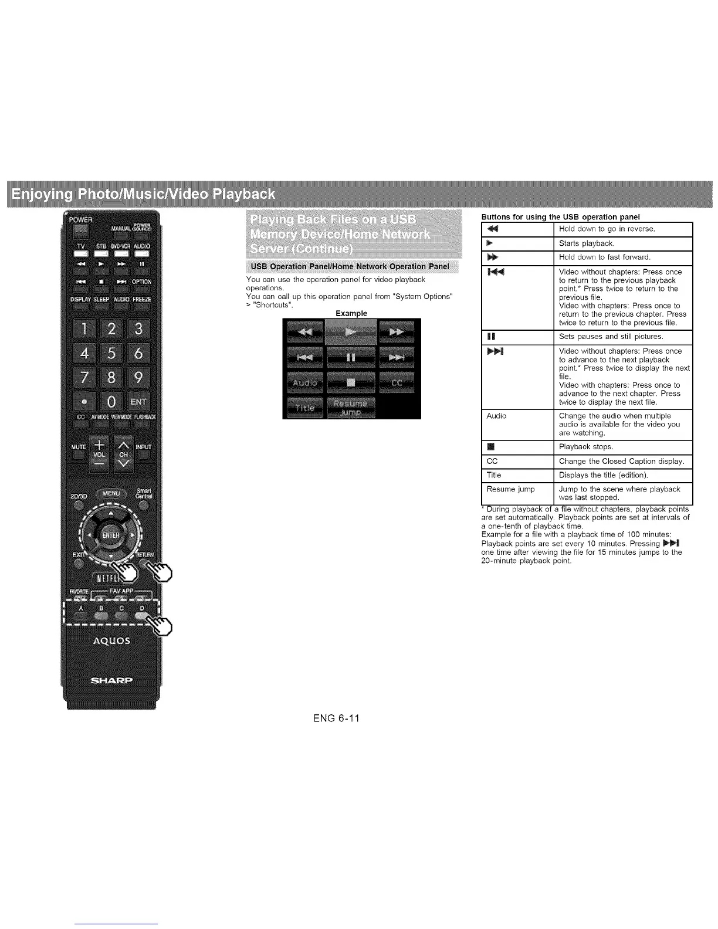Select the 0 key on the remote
click(x=110, y=402)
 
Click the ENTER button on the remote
click(x=111, y=535)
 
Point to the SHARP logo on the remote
click(x=111, y=680)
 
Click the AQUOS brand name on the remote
click(x=111, y=640)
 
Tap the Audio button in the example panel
click(x=304, y=383)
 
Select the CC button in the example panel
click(x=397, y=383)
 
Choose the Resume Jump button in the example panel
click(x=350, y=408)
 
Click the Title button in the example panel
click(x=304, y=408)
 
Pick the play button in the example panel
click(x=350, y=333)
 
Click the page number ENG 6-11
click(x=336, y=718)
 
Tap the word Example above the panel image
click(x=351, y=313)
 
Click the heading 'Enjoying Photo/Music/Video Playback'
click(x=144, y=194)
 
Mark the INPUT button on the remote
click(x=143, y=447)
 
